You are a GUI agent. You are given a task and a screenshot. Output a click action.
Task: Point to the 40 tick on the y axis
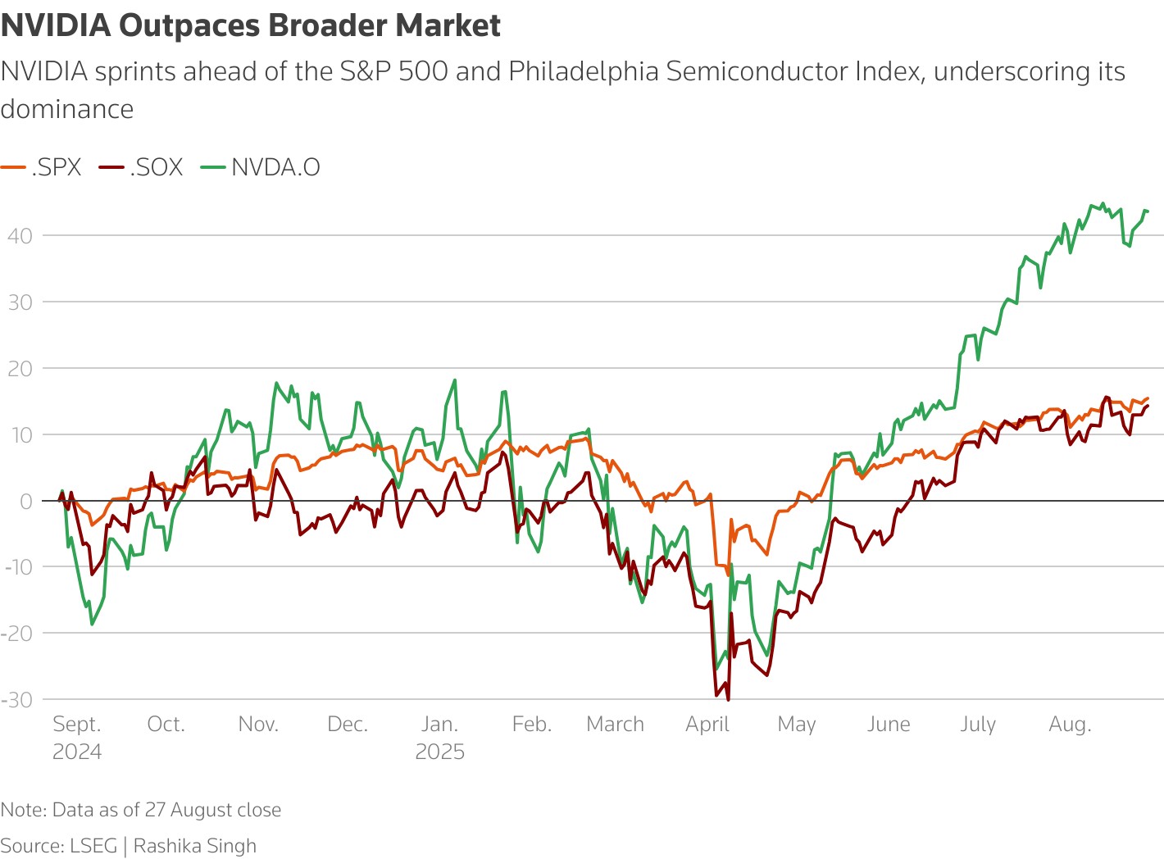click(x=20, y=236)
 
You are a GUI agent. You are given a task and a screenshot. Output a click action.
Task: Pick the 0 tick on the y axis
click(x=27, y=501)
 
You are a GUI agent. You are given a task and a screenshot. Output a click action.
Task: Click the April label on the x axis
click(x=707, y=725)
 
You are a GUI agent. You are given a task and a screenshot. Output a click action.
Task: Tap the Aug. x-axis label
click(x=1070, y=725)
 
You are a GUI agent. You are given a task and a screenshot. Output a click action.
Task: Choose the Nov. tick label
click(x=258, y=725)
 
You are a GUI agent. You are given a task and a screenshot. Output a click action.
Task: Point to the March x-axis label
click(x=615, y=725)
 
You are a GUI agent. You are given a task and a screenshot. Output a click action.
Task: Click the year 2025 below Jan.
click(x=439, y=752)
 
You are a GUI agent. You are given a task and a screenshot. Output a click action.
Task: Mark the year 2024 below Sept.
click(x=77, y=752)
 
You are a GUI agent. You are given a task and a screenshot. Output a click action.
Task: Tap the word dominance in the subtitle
click(x=67, y=109)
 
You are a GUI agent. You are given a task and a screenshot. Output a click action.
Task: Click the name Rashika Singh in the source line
click(x=195, y=846)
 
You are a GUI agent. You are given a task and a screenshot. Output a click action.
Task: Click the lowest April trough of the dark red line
click(x=729, y=699)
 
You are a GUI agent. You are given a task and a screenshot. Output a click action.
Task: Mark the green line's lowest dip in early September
click(x=92, y=625)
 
